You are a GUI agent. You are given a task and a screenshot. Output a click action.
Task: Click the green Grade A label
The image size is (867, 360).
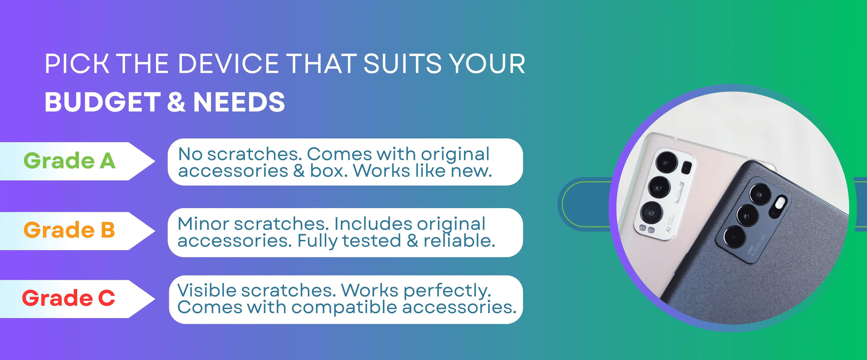point(69,161)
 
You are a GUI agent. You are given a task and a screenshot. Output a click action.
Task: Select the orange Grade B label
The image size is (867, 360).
point(69,230)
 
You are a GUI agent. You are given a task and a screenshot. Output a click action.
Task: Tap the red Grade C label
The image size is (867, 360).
point(68,298)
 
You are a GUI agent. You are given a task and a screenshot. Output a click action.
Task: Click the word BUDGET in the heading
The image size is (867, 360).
point(102,102)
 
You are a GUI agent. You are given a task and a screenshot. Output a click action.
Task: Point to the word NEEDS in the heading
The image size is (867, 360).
point(239,102)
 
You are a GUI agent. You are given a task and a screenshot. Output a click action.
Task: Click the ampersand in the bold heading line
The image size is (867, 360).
point(176,102)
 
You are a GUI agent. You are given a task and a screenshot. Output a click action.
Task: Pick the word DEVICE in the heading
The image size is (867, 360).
point(228,64)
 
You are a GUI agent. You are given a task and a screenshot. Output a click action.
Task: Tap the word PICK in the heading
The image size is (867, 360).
point(77,64)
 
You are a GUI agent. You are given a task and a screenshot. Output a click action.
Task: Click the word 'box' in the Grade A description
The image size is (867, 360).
point(327,171)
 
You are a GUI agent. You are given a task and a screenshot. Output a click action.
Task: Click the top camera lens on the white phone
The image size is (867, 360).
point(667,162)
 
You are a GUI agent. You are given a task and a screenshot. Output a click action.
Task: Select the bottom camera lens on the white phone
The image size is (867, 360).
point(651,213)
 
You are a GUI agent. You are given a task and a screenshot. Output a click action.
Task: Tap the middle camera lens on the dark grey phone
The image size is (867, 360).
point(747,215)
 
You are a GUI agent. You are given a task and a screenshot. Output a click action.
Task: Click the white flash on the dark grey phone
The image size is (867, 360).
point(780,203)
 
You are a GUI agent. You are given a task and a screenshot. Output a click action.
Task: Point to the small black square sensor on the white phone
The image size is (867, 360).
point(686,167)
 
